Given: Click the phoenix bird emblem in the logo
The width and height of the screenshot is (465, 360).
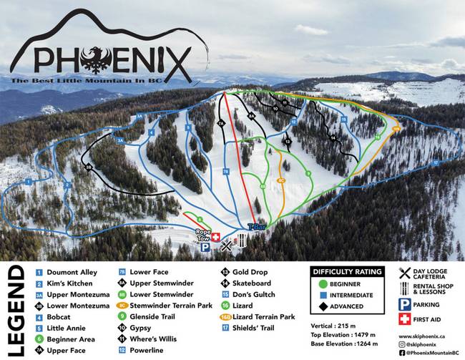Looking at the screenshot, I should pos(94,60).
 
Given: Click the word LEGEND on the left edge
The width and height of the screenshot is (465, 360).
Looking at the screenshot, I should pos(16,311).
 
